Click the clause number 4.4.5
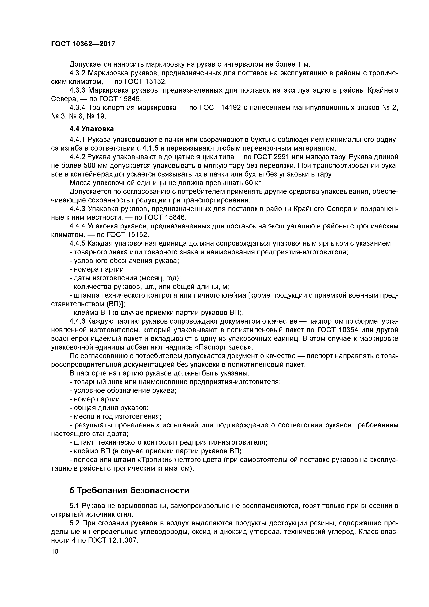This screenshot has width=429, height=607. pos(78,243)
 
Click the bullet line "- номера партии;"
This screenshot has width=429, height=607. pos(98,269)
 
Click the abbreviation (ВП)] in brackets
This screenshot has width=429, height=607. pos(114,304)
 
